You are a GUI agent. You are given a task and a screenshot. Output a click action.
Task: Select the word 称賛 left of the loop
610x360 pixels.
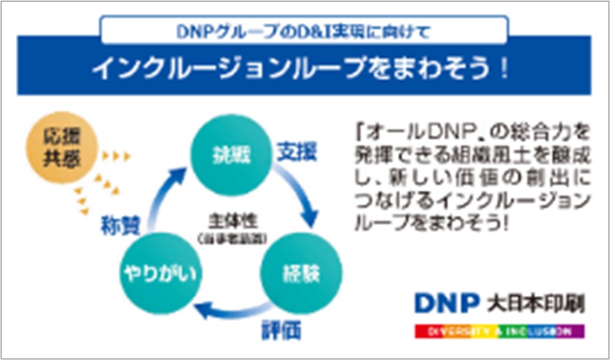tap(120, 226)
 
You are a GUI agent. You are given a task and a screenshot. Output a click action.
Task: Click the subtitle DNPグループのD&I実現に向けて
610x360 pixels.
tap(304, 30)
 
